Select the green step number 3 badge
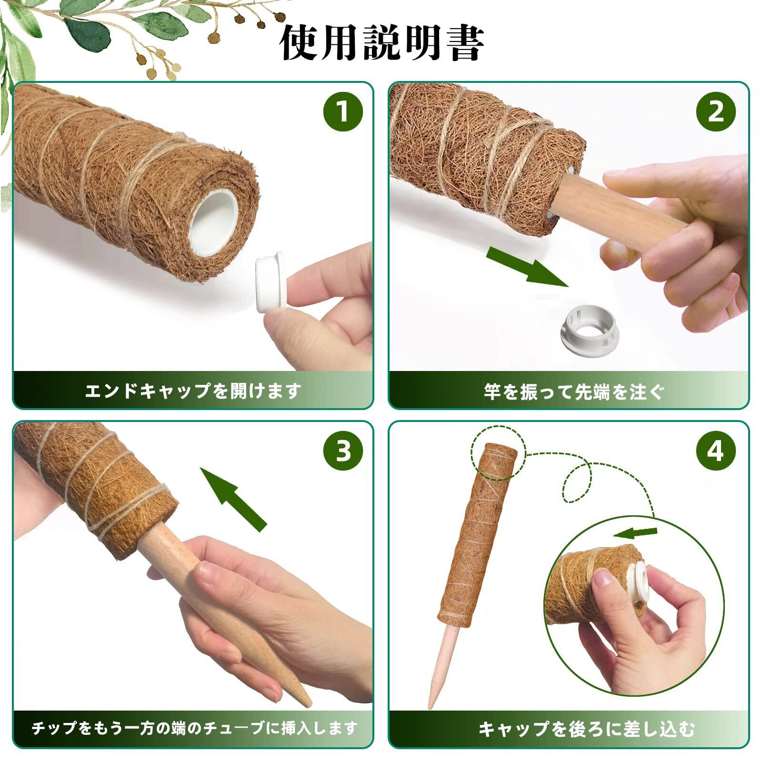(x=343, y=451)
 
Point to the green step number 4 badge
(x=716, y=451)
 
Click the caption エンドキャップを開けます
(x=193, y=391)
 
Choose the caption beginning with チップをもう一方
(x=194, y=728)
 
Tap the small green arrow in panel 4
(x=635, y=531)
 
